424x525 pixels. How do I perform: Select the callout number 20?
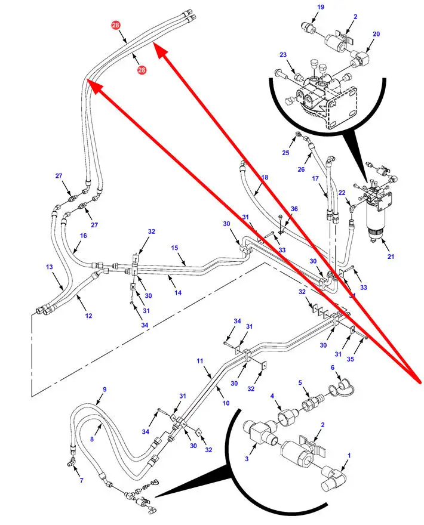click(376, 35)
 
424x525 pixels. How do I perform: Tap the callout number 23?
click(283, 55)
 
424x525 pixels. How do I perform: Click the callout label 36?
click(294, 209)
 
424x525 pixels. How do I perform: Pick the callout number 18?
click(265, 178)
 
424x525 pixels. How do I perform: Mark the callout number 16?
click(84, 236)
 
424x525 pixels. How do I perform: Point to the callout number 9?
click(105, 390)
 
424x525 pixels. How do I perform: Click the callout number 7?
click(82, 481)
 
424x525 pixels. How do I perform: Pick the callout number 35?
click(366, 360)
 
